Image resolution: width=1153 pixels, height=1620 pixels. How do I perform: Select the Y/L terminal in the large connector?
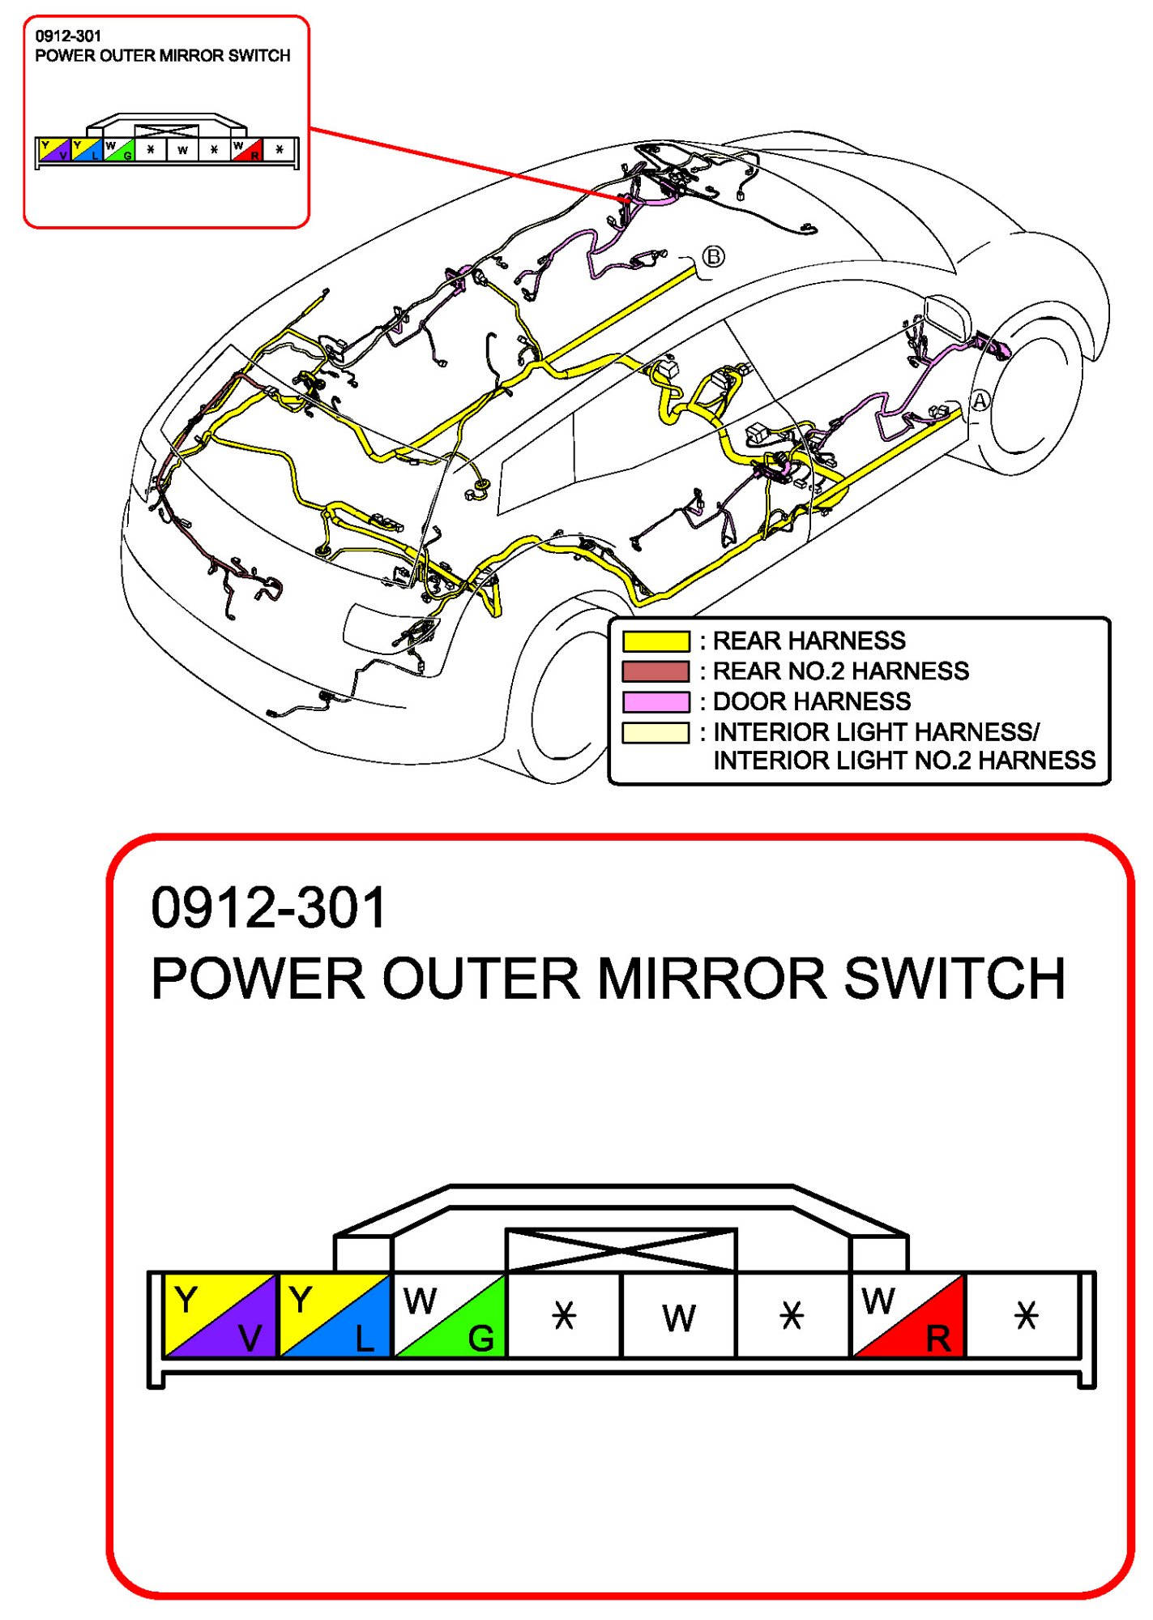[335, 1315]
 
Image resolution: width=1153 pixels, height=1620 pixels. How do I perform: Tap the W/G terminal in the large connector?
[450, 1315]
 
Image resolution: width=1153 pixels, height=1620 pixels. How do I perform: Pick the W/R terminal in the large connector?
[908, 1315]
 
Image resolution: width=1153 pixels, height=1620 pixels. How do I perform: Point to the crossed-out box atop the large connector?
[621, 1250]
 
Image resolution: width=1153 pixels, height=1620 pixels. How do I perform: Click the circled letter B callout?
[713, 257]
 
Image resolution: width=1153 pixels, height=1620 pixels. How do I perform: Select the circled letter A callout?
[980, 401]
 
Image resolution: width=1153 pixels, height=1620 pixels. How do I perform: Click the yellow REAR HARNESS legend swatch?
[656, 641]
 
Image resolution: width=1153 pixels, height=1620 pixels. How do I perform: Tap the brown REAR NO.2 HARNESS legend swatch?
[656, 671]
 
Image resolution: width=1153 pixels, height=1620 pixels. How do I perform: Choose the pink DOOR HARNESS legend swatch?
[656, 701]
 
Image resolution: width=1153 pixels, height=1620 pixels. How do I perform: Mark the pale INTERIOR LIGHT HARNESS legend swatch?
[656, 732]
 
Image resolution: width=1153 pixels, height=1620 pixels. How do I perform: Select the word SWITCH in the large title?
[954, 978]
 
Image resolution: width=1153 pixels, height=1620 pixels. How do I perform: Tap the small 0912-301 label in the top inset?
[68, 36]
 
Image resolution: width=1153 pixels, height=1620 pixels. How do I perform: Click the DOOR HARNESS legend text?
[811, 701]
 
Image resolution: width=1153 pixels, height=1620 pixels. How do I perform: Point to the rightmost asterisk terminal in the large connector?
[1025, 1315]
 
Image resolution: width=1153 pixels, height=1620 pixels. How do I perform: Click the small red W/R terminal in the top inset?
[246, 150]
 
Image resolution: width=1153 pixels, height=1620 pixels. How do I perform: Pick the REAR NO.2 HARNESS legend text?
[840, 671]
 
